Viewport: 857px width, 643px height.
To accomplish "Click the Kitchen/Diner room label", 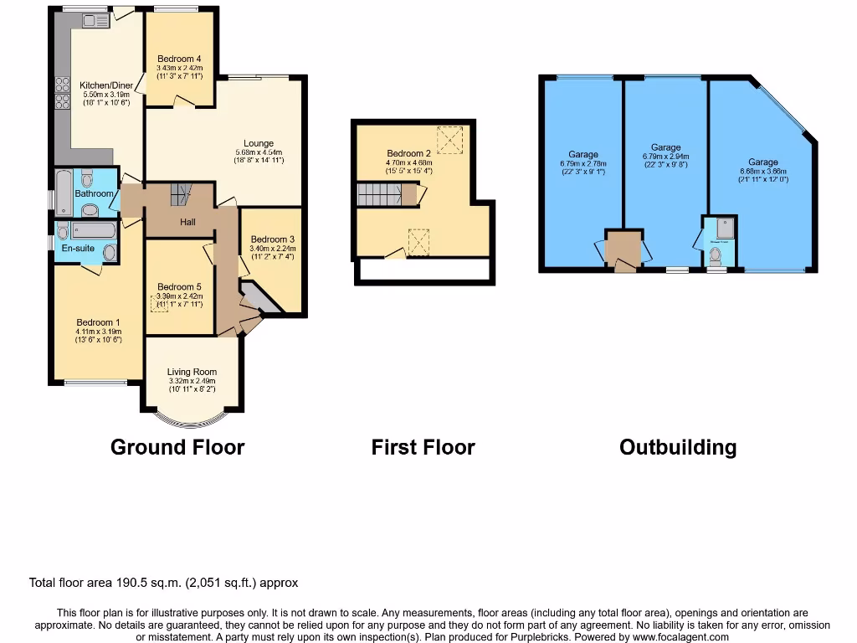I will click(x=98, y=85).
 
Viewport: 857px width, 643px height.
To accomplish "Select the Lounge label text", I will click(x=259, y=143).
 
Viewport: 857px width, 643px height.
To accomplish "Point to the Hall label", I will click(x=188, y=222).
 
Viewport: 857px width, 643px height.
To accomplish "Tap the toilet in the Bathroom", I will click(x=87, y=178).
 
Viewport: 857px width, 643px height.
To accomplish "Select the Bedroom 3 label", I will click(x=273, y=239).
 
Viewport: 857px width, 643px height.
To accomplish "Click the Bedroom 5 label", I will click(x=179, y=286).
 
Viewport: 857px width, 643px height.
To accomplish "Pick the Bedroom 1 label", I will click(x=99, y=322).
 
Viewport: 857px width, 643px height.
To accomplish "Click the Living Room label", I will click(x=192, y=373).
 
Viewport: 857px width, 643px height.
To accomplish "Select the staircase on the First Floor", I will click(x=380, y=195).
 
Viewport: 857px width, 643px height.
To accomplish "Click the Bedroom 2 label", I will click(x=408, y=153).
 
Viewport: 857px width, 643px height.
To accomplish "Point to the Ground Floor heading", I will click(x=177, y=447).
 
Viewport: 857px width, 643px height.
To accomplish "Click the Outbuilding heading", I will click(x=678, y=447).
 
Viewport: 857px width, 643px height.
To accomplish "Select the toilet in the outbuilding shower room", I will click(x=716, y=259).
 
